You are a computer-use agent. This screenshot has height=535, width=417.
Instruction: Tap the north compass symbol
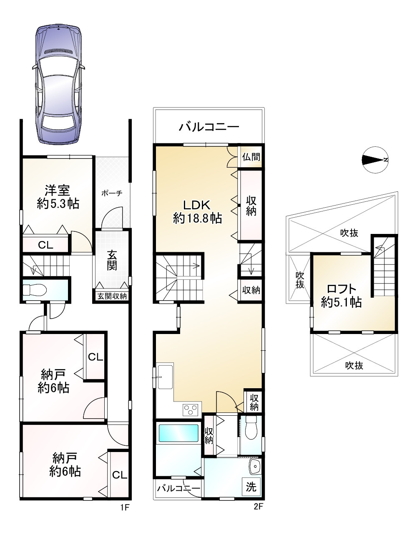(375, 160)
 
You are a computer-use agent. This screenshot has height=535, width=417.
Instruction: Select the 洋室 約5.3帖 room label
(58, 197)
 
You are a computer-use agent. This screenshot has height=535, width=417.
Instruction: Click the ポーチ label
(112, 193)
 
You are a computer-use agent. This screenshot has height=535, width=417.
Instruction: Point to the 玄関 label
(112, 260)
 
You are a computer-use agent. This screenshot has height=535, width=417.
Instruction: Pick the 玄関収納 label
(112, 296)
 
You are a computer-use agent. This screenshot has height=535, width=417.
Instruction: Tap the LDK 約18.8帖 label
(197, 211)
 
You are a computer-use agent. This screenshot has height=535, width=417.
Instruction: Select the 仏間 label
(251, 157)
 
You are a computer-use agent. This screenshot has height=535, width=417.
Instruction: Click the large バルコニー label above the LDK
(209, 127)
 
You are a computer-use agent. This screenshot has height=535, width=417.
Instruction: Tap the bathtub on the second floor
(178, 433)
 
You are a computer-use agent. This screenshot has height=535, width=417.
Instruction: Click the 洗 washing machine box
(251, 486)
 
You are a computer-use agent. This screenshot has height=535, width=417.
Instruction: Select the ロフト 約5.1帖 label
(341, 296)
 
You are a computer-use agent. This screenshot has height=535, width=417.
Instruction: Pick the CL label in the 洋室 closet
(45, 245)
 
